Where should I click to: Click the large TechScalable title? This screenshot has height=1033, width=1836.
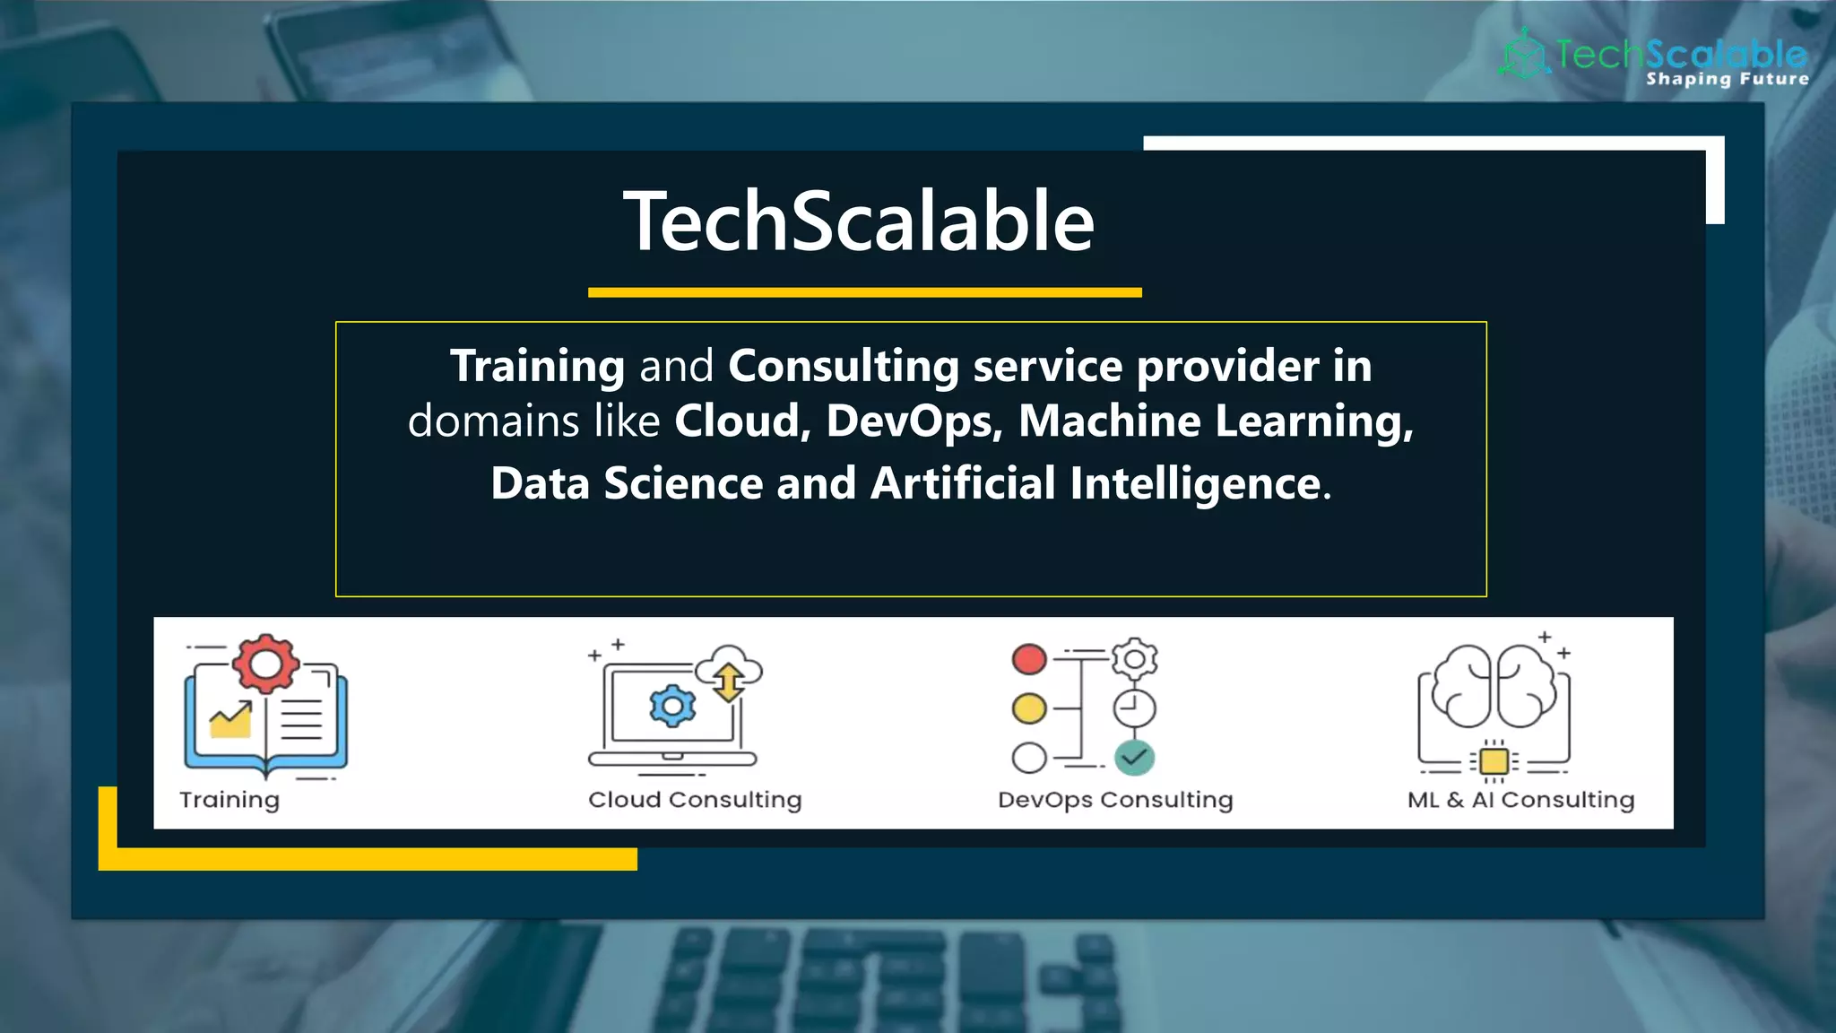[x=859, y=221]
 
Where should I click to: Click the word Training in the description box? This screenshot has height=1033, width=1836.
[x=537, y=366]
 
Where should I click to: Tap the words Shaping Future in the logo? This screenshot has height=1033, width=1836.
[x=1727, y=79]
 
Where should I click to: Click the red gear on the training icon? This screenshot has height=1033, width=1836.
[x=265, y=664]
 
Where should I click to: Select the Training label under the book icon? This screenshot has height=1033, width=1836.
[x=229, y=800]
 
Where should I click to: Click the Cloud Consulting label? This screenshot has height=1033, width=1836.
[x=695, y=800]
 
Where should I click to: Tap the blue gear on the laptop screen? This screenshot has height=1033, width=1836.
[x=672, y=707]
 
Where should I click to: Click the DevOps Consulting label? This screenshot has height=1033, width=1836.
[x=1115, y=800]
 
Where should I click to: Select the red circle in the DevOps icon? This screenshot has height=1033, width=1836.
[x=1029, y=659]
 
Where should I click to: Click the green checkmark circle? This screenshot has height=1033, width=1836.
[x=1134, y=758]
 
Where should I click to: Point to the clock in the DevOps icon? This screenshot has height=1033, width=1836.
[x=1134, y=709]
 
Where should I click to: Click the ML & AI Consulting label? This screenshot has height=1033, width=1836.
[x=1520, y=800]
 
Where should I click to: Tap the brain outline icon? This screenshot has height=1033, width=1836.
[x=1494, y=687]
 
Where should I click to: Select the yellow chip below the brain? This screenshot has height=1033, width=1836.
[x=1494, y=761]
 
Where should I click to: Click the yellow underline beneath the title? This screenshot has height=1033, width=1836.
[x=864, y=292]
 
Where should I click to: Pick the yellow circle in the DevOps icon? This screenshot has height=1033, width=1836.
[x=1029, y=708]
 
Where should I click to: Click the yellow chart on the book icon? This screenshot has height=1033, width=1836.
[x=231, y=720]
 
